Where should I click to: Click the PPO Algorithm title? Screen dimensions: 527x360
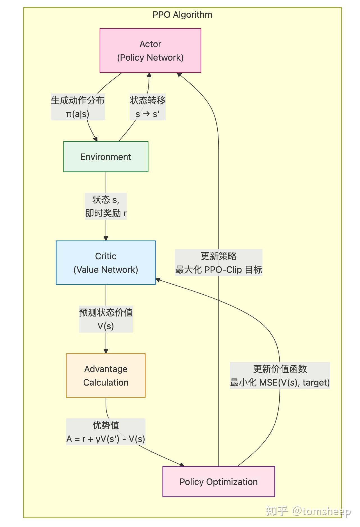(182, 15)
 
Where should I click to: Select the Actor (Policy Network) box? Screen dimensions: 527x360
(150, 51)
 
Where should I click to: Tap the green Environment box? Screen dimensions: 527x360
(106, 157)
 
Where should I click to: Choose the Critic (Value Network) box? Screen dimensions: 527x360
(106, 263)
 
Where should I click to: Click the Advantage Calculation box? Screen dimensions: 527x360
(106, 375)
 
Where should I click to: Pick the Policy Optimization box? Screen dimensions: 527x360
(218, 482)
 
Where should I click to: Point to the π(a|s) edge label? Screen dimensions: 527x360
(78, 114)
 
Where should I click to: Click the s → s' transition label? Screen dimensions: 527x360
(147, 114)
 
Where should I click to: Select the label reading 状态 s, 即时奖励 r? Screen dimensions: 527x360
(106, 206)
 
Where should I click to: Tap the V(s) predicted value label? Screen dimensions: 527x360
(106, 326)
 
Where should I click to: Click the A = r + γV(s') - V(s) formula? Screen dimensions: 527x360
(106, 439)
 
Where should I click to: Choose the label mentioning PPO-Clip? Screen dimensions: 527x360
(218, 269)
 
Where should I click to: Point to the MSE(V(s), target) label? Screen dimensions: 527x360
(280, 382)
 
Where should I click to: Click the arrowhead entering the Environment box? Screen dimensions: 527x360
(96, 139)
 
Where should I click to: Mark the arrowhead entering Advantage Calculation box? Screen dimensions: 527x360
(106, 351)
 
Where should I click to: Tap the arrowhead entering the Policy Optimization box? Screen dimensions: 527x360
(182, 465)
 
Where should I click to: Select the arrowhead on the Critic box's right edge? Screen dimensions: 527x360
(158, 280)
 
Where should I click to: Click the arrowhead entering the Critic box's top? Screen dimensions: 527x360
(106, 238)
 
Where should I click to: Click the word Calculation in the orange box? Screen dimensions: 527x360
(106, 382)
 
